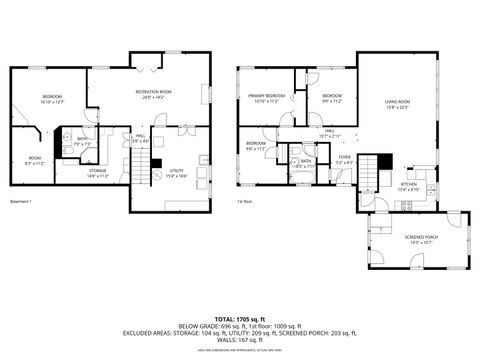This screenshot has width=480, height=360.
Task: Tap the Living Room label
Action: [398, 103]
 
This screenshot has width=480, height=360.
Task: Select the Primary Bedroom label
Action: [267, 98]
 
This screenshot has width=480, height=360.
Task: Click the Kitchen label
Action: [409, 186]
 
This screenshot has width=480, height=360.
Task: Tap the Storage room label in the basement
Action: [97, 172]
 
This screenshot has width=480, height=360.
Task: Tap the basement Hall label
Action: [141, 138]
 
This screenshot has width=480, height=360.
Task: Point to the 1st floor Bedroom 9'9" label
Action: [332, 98]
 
